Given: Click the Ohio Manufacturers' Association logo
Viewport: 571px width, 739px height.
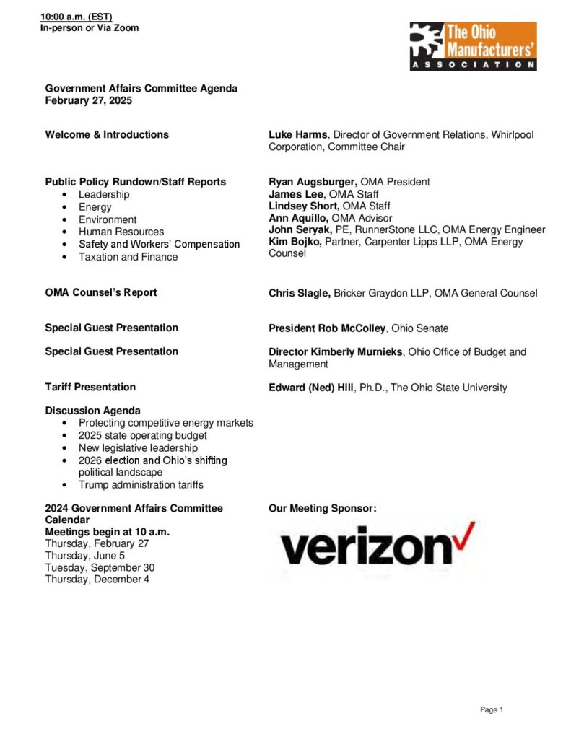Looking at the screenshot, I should pos(473,45).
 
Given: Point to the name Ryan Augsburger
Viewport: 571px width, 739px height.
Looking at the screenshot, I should pos(313,182).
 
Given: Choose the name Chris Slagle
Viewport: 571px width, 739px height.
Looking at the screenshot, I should pos(300,293).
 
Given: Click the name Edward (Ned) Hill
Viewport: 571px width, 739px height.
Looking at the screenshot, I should pos(311,388).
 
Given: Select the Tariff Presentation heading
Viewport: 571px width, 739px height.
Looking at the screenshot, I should pos(90,387).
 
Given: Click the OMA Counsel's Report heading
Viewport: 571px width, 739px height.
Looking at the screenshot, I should pos(101,292).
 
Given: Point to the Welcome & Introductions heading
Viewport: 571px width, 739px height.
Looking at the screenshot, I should pos(107,134).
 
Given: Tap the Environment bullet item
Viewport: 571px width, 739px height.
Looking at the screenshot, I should pos(108,219).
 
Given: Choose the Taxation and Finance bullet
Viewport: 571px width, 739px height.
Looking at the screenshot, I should pos(128,257).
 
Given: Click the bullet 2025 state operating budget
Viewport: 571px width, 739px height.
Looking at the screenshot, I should pos(143,435).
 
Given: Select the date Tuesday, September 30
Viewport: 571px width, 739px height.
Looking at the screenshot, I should pos(100,567).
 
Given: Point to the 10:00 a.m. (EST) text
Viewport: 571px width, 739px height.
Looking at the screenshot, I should pos(76,17).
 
